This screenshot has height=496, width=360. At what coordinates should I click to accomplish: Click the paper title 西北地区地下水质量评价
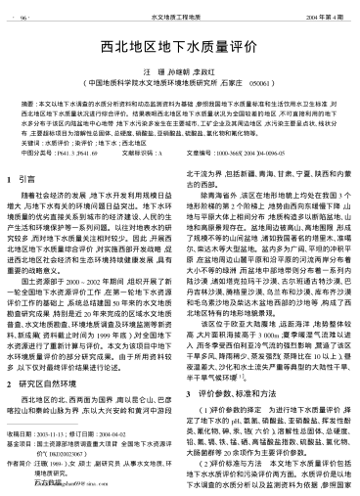179,44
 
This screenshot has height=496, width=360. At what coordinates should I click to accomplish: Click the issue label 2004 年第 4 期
318,17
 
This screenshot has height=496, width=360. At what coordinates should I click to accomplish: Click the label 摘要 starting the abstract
28,101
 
